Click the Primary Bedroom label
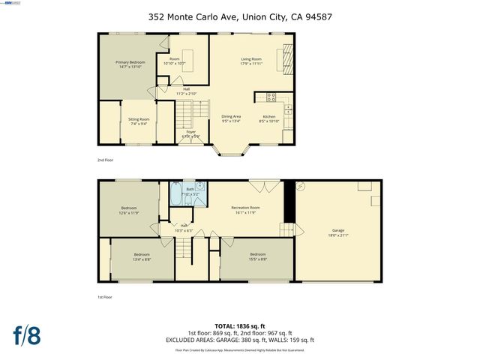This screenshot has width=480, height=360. tap(130, 64)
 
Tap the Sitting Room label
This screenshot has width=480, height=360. tap(139, 121)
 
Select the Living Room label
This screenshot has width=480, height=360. tap(250, 61)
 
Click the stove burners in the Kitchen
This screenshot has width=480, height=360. tap(271, 96)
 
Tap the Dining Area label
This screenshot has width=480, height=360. tap(231, 118)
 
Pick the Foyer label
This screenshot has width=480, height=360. tap(191, 134)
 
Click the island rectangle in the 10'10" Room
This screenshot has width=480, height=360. tap(188, 57)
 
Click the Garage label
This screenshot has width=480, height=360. tap(338, 233)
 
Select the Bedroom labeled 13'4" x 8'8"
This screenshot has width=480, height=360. tap(142, 257)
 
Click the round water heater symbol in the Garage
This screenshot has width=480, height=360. tap(301, 186)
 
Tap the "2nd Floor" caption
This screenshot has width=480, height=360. tap(105, 160)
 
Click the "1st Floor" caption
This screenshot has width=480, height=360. tap(105, 298)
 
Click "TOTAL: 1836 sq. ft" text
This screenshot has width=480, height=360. tap(239, 327)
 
